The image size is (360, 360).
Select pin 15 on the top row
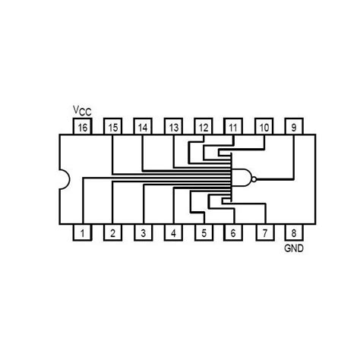112,128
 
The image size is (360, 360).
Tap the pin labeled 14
142,128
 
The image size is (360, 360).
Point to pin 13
173,128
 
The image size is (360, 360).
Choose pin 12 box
203,128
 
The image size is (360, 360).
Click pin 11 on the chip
233,128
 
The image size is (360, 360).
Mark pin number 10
264,128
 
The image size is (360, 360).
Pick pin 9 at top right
293,128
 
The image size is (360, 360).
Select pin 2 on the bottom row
112,233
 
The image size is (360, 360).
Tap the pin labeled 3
142,233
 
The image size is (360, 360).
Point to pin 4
173,233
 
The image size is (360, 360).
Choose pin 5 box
203,233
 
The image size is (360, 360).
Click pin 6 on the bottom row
233,233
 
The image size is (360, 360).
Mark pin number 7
264,233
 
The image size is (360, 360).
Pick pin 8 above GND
293,233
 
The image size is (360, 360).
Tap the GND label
293,248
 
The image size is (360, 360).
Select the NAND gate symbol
241,180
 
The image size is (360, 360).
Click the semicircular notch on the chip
65,181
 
